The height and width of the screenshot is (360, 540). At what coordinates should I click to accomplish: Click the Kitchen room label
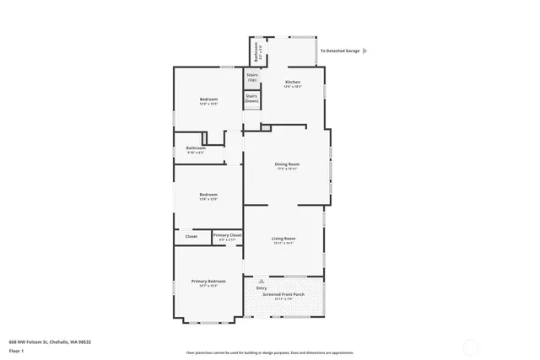(x=292, y=82)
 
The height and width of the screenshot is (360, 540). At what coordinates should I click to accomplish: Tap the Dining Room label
(x=287, y=164)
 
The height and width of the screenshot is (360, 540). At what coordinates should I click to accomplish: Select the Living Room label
(x=283, y=239)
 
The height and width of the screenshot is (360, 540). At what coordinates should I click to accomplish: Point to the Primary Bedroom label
(x=208, y=281)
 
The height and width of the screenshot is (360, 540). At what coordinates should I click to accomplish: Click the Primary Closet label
(x=227, y=235)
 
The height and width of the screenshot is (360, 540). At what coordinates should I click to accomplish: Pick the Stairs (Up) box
(x=251, y=77)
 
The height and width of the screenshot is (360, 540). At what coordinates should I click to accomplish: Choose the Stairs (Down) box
(x=251, y=99)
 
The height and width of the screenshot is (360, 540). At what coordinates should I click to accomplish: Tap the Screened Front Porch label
(x=283, y=294)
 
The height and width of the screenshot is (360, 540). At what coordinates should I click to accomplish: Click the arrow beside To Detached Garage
(x=364, y=51)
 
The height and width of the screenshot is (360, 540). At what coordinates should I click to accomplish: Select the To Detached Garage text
(x=341, y=51)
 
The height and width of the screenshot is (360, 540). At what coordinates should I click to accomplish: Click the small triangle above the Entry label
(x=261, y=281)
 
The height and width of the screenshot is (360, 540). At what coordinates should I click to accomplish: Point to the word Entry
(x=262, y=287)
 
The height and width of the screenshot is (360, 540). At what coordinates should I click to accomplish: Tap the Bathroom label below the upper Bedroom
(x=196, y=148)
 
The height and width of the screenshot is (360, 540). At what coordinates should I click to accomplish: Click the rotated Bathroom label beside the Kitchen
(x=257, y=51)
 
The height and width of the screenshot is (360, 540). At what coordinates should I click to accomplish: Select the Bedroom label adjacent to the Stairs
(x=208, y=100)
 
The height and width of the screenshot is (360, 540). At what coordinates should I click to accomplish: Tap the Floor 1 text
(x=16, y=350)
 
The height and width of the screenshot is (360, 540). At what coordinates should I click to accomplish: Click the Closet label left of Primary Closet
(x=192, y=236)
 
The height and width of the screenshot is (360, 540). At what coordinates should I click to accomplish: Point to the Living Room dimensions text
(x=283, y=244)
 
